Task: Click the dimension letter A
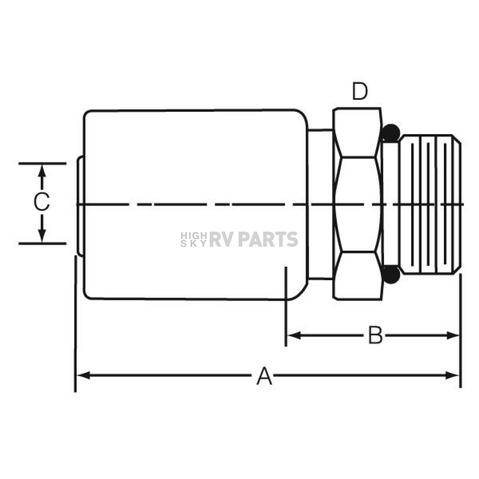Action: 264,376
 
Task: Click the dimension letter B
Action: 375,335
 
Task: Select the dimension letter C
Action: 42,202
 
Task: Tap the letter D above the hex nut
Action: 360,91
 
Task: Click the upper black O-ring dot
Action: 391,133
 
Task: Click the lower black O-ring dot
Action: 391,274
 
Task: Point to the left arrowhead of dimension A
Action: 83,375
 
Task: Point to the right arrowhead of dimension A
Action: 452,375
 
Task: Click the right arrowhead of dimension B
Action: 453,335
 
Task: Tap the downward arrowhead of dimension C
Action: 42,236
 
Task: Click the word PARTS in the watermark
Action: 268,239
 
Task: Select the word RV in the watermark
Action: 222,239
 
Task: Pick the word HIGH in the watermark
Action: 194,236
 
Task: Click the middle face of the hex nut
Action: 358,204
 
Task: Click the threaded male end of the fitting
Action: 430,204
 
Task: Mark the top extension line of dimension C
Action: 42,164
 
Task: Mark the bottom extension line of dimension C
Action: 42,243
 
